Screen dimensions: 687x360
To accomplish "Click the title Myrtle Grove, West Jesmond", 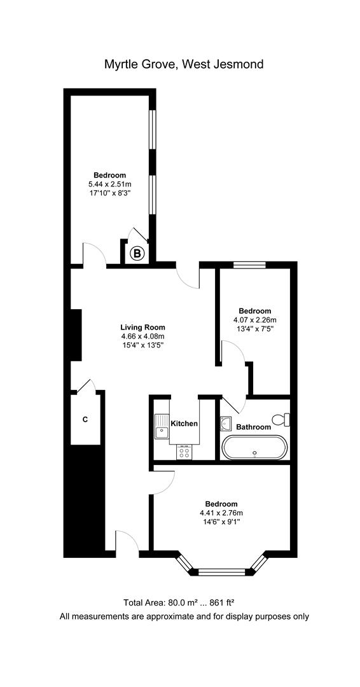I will (184, 64).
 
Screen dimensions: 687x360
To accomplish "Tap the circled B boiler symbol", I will (137, 254).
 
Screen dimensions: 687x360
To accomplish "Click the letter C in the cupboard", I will (85, 420).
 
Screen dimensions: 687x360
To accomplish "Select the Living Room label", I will (142, 328).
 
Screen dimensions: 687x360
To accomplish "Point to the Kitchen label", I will (184, 423).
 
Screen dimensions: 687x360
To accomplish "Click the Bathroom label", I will (253, 427).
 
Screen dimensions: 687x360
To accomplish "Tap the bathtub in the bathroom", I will (254, 447).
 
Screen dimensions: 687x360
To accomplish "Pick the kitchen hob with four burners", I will (185, 452).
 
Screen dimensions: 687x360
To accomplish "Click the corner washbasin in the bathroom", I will (226, 423).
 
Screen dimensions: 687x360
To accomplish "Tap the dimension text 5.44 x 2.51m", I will (110, 184).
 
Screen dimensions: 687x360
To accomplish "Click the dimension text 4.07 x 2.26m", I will (255, 320).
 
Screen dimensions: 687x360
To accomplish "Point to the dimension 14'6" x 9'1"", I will (221, 522).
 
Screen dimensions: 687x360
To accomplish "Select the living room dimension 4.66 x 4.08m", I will (142, 337).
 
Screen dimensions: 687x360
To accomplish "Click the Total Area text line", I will (184, 602).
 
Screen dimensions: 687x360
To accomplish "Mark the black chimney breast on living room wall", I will (74, 335).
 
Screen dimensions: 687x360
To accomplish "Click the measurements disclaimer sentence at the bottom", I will (184, 616).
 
